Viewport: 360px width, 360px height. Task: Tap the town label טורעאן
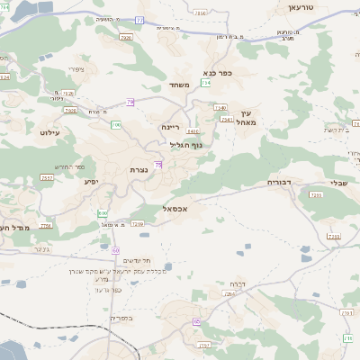300,7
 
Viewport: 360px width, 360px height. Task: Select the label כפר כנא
218,73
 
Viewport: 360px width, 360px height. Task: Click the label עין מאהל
247,116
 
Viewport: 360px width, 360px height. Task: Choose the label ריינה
173,128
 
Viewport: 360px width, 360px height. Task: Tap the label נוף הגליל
186,144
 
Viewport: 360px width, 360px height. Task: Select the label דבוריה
279,182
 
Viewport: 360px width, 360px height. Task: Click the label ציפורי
76,68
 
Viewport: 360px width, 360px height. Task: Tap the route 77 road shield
139,19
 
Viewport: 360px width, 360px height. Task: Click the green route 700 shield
115,124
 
